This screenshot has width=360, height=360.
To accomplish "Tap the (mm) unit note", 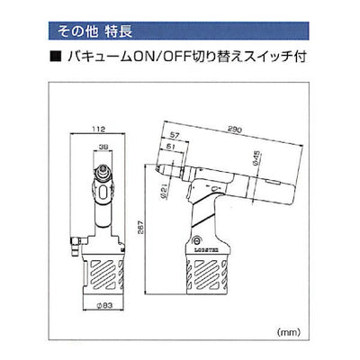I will [x=310, y=332].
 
